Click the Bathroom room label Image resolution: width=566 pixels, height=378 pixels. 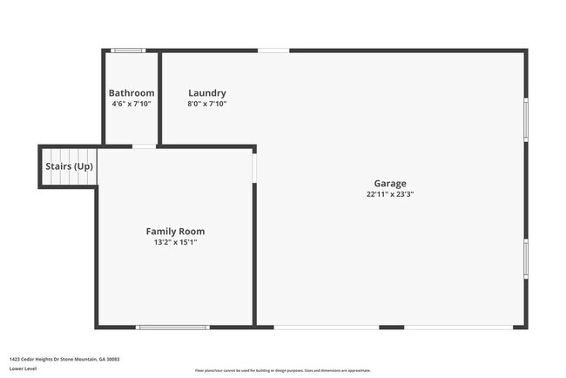pos(131,93)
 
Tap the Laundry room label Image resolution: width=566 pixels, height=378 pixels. pos(207,93)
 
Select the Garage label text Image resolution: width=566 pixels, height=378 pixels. pos(390,184)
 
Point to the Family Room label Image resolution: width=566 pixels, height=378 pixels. pos(175,232)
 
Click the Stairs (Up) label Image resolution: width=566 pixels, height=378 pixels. pos(69,166)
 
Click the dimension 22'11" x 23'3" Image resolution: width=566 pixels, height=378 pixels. pos(390,195)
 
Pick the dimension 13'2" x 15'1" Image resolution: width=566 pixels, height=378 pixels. pos(175,243)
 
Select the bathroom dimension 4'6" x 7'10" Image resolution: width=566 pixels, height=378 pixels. pos(131,105)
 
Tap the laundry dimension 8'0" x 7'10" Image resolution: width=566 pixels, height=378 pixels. pos(207,105)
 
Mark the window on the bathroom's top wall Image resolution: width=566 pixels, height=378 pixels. pos(129,51)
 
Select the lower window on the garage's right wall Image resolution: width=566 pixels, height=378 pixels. pos(525,259)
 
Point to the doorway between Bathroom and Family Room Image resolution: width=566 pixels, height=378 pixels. pos(145,146)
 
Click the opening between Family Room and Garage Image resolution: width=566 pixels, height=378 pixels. pos(254,167)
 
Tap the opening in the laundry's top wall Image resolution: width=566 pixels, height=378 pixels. pos(273,51)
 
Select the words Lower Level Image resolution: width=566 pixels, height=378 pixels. pos(24,368)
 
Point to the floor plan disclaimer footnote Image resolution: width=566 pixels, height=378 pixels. pos(282,369)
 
